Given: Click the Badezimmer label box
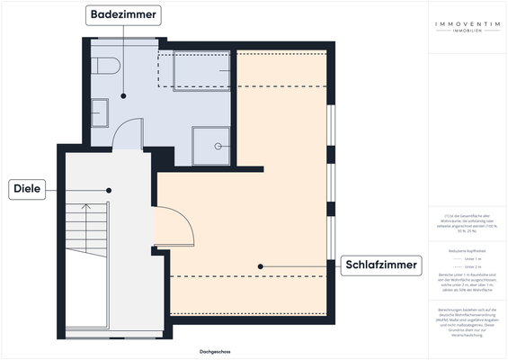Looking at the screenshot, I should [124, 14].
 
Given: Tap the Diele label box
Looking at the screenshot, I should [29, 189].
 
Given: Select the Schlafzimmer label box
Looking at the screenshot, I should [382, 265].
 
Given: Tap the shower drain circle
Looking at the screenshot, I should [217, 146].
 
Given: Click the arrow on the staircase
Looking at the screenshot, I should [86, 209].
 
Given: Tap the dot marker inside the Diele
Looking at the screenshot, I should [109, 189].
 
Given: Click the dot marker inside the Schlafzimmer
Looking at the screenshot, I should [261, 265].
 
